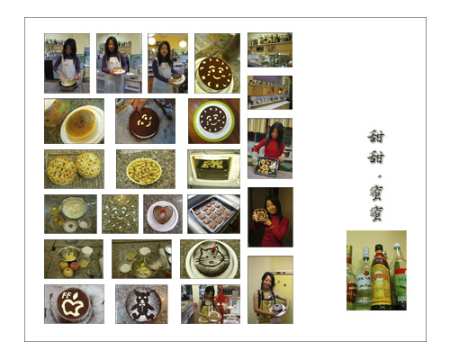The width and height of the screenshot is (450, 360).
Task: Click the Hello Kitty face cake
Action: pyautogui.click(x=211, y=259)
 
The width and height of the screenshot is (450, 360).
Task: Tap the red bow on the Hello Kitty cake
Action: pyautogui.click(x=214, y=248)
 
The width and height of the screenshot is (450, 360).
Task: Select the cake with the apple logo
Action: pyautogui.click(x=73, y=305)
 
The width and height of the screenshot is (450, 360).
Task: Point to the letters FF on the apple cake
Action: pyautogui.click(x=66, y=295)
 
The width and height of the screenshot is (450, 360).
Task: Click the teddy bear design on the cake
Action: pyautogui.click(x=142, y=304)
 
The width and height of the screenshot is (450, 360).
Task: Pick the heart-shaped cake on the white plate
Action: pyautogui.click(x=163, y=213)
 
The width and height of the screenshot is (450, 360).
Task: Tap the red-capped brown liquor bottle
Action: pyautogui.click(x=381, y=277)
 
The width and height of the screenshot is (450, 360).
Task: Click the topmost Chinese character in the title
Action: pyautogui.click(x=376, y=137)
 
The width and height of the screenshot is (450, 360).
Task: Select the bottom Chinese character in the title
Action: pyautogui.click(x=376, y=213)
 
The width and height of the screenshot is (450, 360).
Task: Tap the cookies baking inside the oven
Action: pyautogui.click(x=213, y=164)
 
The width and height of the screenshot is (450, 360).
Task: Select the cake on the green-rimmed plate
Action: pyautogui.click(x=213, y=121)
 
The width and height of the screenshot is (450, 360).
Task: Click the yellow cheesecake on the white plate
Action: pyautogui.click(x=81, y=124)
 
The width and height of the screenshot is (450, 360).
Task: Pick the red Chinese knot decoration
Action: pyautogui.click(x=220, y=299)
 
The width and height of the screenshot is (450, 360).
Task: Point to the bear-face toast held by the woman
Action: pyautogui.click(x=260, y=216)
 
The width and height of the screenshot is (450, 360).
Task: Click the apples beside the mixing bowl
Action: pyautogui.click(x=69, y=268)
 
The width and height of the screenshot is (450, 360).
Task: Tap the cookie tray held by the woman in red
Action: pyautogui.click(x=266, y=166)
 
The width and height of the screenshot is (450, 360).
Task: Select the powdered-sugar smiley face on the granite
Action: pyautogui.click(x=120, y=213)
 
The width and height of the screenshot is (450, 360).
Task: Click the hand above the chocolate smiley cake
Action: pyautogui.click(x=138, y=104)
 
